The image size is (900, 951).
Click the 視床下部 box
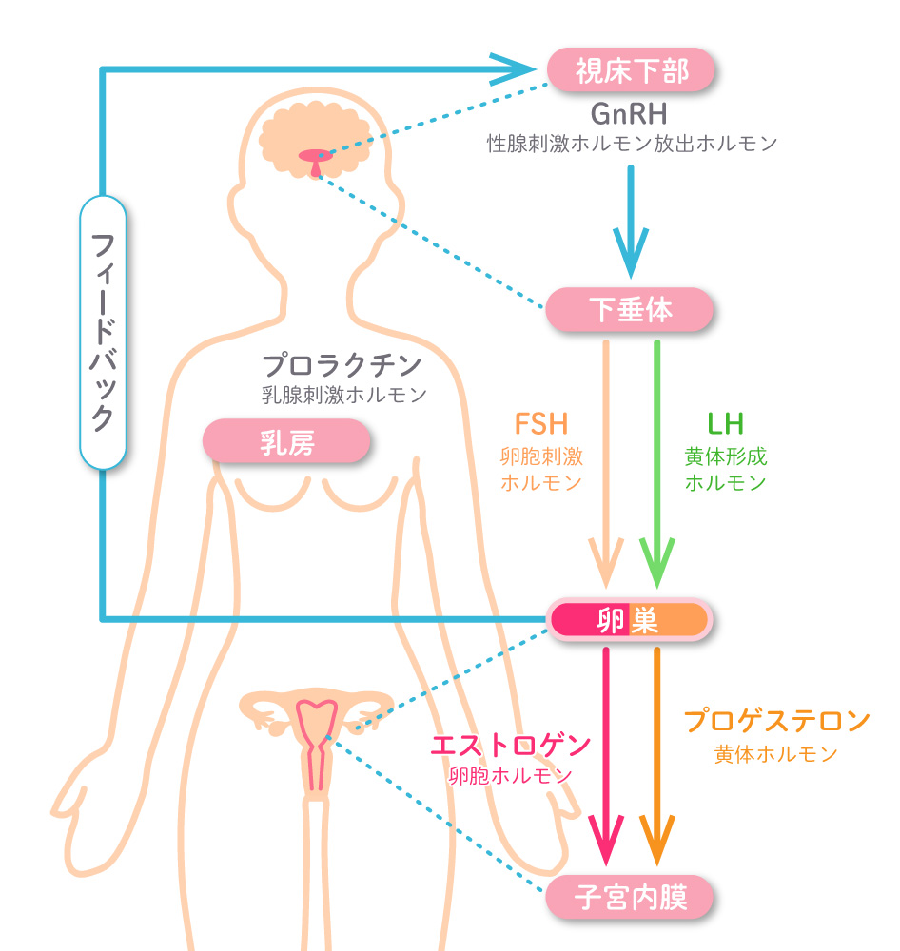point(631,69)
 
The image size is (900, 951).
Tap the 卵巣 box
point(629,620)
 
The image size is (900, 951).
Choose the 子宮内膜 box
point(630,896)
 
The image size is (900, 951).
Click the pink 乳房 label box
point(286,441)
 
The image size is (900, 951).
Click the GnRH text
point(631,113)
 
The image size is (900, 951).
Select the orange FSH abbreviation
point(540,423)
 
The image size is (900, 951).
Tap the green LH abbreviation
point(725,423)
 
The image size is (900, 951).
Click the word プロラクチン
point(342,364)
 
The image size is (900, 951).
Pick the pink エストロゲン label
point(511,745)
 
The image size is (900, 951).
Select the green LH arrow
point(656,456)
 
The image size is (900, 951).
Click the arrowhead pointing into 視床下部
point(518,69)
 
